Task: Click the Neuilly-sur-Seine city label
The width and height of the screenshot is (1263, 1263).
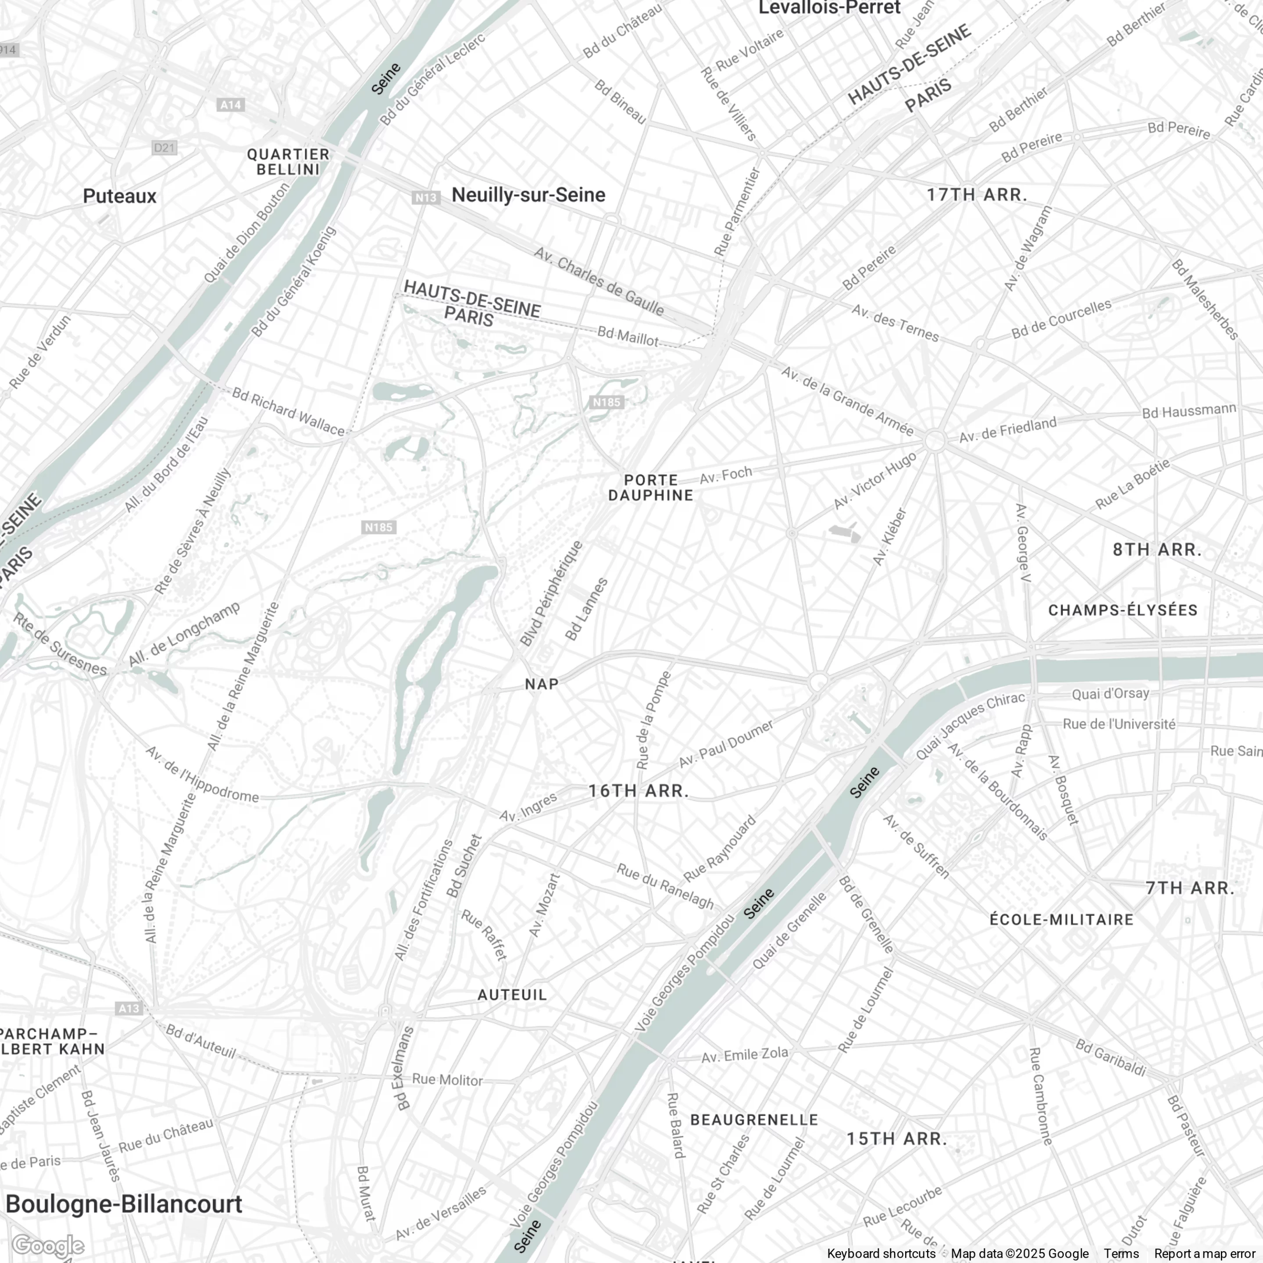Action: tap(528, 195)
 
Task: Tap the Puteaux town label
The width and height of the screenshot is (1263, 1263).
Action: tap(120, 196)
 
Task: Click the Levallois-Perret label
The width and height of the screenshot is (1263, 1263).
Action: tap(829, 8)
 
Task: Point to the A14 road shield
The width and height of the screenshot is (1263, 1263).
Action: tap(230, 105)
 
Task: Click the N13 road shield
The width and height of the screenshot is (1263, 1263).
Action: tap(425, 197)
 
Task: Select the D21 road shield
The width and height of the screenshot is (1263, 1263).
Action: tap(164, 148)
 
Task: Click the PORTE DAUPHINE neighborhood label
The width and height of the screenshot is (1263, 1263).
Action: tap(650, 488)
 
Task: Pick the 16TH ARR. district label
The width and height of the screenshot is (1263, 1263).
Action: tap(639, 791)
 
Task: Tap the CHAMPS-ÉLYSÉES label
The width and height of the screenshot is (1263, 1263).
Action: tap(1123, 610)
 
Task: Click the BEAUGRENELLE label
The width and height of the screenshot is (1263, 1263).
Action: tap(754, 1120)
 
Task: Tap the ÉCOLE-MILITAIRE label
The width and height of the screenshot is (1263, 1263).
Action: tap(1062, 920)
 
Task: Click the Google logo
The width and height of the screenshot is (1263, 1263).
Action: tap(48, 1246)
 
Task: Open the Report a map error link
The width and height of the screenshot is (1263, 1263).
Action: tap(1204, 1253)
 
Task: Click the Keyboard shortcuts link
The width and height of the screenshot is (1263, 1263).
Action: tap(881, 1253)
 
